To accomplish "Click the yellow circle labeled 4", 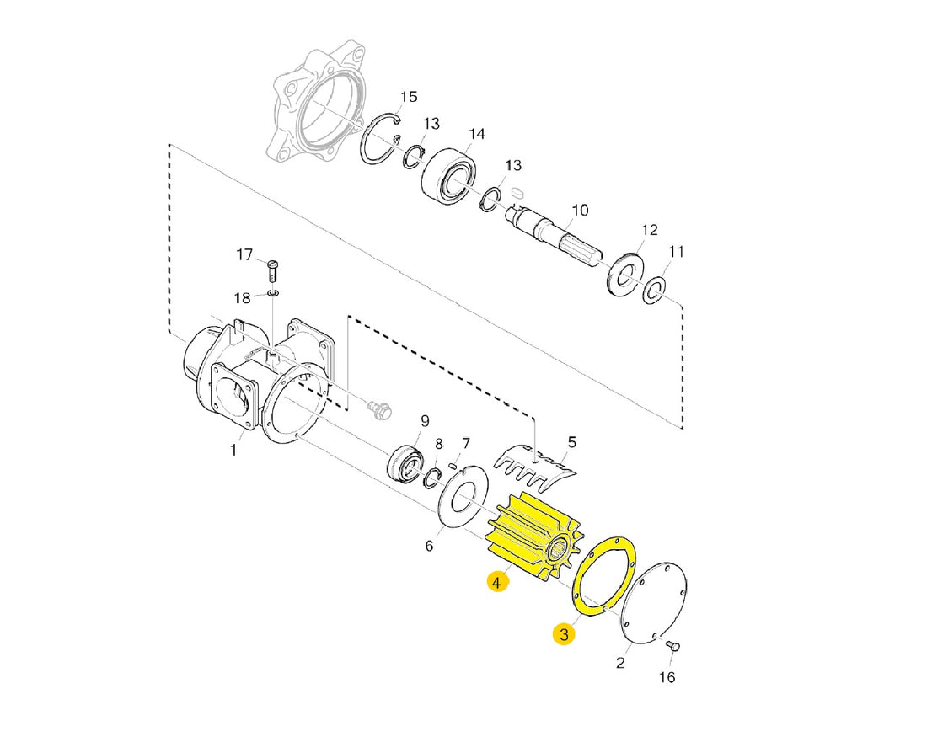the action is click(x=497, y=582).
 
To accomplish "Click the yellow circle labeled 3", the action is click(x=564, y=634).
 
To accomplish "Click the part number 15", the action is click(x=409, y=97).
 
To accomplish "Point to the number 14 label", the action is click(x=476, y=134).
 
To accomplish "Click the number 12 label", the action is click(x=649, y=230).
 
